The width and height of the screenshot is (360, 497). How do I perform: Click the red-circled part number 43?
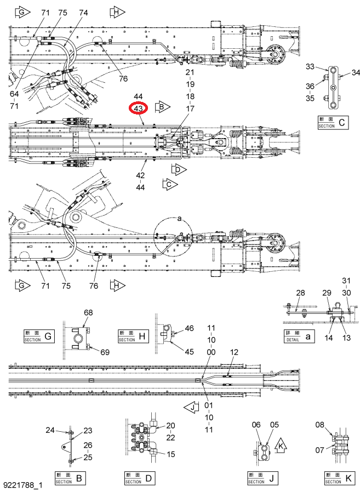(139, 108)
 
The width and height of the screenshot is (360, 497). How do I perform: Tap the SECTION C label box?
(333, 122)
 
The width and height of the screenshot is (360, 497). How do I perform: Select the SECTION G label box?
(39, 336)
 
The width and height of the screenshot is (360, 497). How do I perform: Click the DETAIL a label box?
(299, 336)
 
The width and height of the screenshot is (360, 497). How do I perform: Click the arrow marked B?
(163, 107)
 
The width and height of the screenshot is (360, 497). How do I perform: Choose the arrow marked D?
(179, 169)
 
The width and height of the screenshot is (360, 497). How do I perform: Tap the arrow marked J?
(191, 408)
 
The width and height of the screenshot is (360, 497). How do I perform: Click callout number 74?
(83, 13)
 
